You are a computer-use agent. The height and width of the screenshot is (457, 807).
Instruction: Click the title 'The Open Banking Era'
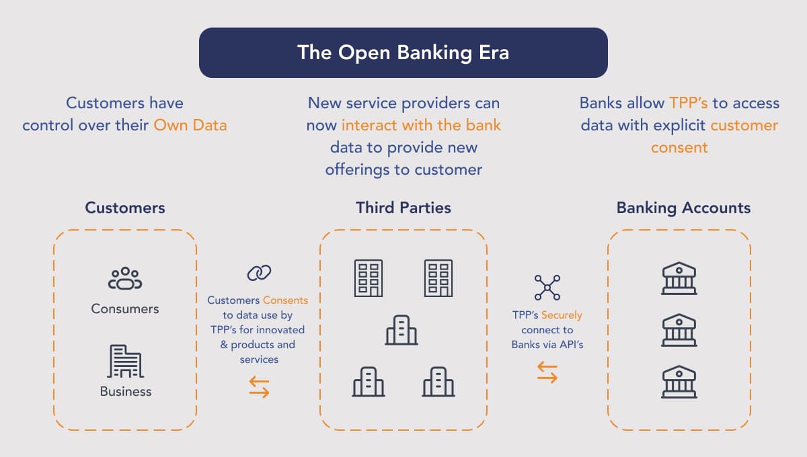(x=403, y=52)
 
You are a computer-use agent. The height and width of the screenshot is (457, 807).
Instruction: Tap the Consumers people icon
(x=125, y=279)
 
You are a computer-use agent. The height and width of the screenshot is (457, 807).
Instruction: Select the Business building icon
(x=125, y=362)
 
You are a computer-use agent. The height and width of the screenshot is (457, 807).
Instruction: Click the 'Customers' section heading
(x=125, y=208)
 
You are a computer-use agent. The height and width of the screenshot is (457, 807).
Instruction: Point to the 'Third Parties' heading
(x=403, y=208)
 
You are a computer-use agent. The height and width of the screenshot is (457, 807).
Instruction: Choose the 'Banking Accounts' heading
(x=683, y=208)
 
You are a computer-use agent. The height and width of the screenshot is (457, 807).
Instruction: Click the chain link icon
(x=259, y=272)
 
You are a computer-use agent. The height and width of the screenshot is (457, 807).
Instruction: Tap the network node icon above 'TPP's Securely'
(x=547, y=287)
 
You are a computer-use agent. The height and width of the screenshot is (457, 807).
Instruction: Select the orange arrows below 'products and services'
(x=259, y=386)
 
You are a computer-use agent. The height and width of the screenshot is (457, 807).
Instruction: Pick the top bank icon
(x=679, y=278)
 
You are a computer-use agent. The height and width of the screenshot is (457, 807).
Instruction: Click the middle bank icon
(x=679, y=330)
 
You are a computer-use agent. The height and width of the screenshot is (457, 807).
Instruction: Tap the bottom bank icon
(x=679, y=382)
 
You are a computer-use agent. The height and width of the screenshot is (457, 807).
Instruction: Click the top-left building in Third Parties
(x=368, y=278)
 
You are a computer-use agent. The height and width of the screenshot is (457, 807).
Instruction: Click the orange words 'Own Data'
(x=190, y=125)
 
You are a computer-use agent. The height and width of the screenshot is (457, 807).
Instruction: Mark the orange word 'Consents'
(x=285, y=300)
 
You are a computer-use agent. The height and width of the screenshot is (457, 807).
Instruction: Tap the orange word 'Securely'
(x=562, y=315)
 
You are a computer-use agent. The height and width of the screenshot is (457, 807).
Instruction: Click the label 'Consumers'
(x=125, y=309)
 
